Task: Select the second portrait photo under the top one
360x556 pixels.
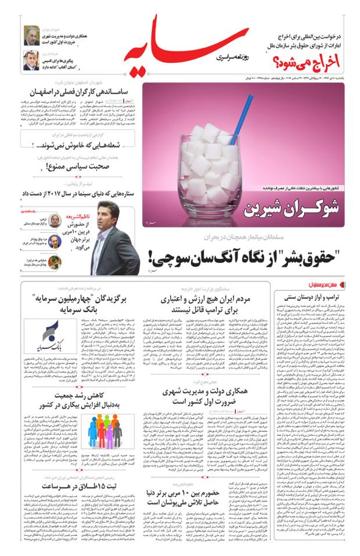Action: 30,60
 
